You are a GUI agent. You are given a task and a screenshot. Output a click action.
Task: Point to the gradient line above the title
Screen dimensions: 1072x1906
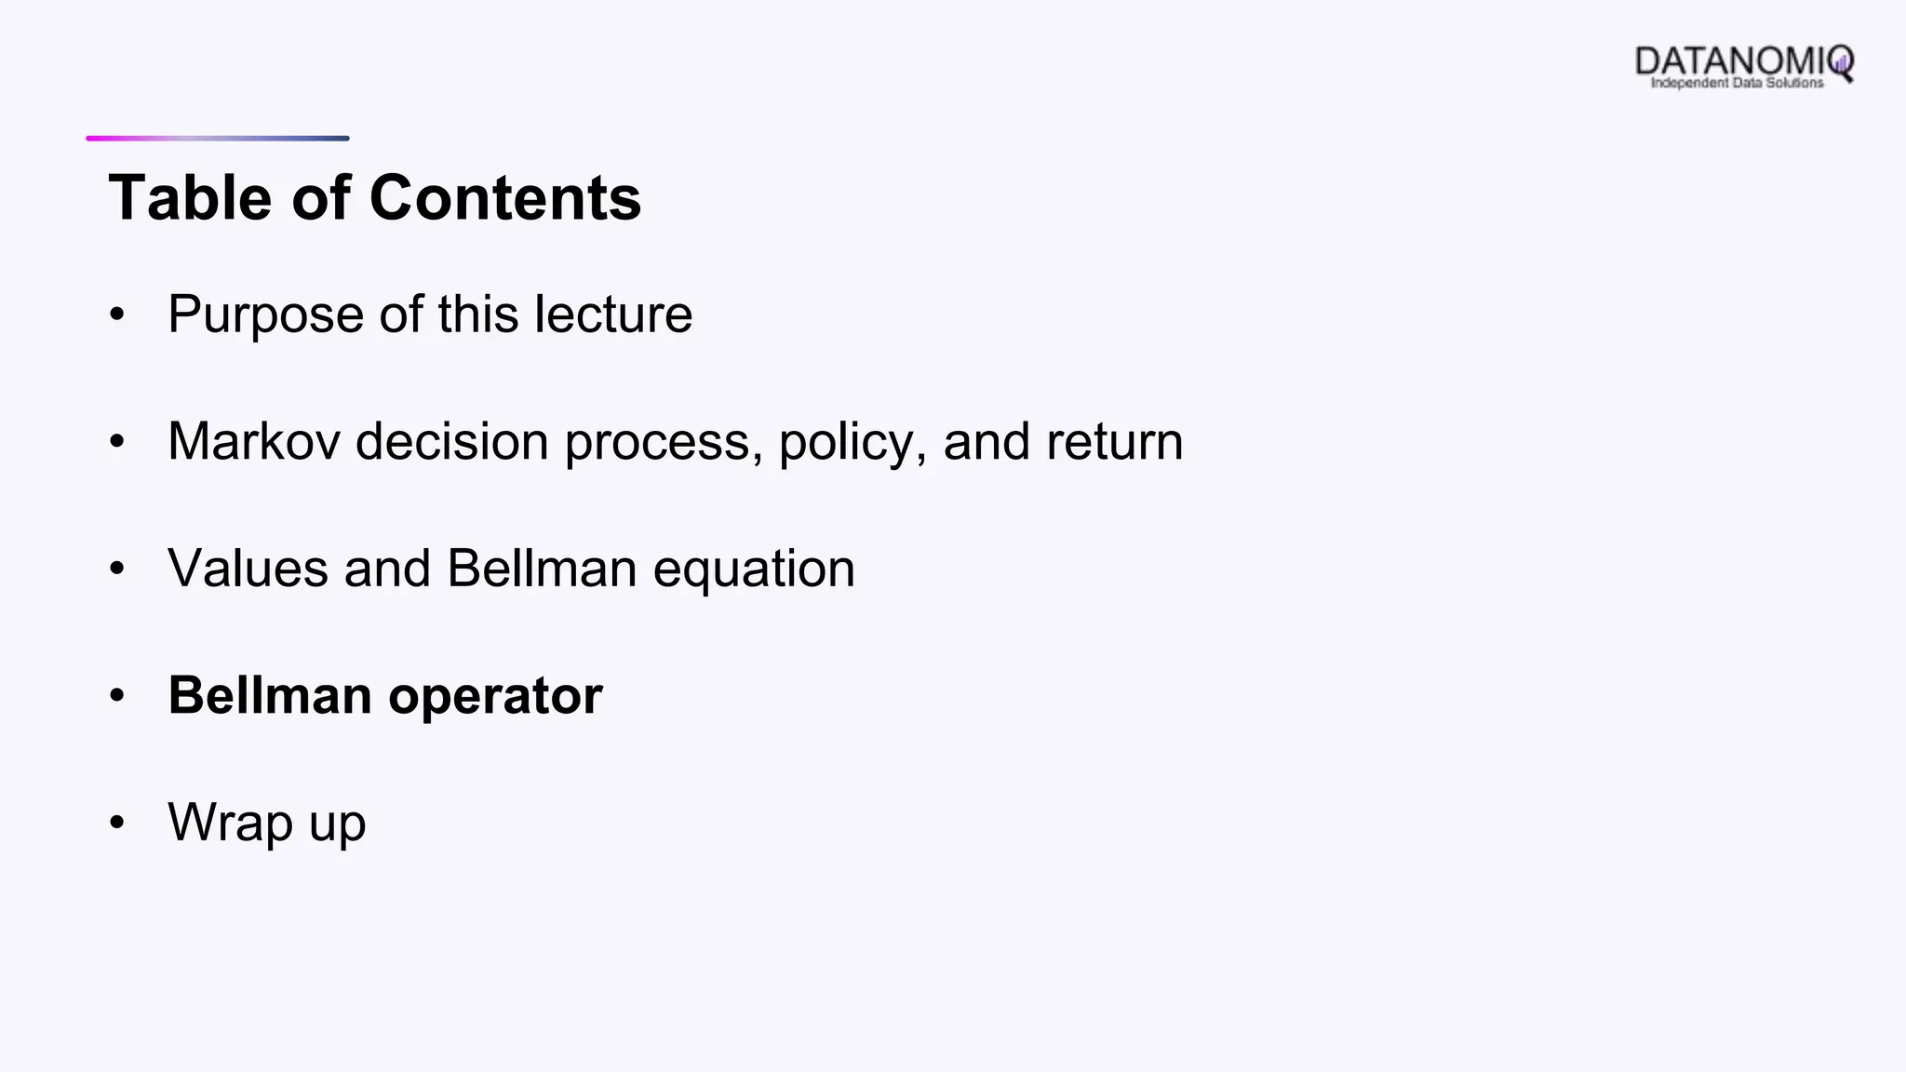click(x=218, y=139)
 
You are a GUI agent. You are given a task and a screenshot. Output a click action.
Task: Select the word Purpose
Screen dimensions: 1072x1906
click(x=265, y=315)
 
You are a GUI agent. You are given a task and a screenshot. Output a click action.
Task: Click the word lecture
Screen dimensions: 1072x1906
click(x=613, y=315)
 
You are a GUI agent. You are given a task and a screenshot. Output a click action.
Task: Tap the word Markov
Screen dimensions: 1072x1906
click(x=254, y=441)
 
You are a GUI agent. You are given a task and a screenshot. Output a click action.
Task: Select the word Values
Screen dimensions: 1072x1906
click(x=248, y=569)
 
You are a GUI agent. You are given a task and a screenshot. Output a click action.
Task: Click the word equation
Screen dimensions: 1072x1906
click(x=753, y=569)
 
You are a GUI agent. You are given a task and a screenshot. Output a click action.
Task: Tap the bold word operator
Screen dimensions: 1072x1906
click(x=495, y=696)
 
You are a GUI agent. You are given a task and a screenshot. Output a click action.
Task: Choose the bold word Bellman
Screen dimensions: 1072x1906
click(x=270, y=695)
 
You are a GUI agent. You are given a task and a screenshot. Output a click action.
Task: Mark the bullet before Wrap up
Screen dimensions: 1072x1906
click(x=116, y=823)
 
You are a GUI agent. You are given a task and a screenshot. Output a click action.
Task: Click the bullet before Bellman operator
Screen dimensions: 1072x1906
click(x=116, y=696)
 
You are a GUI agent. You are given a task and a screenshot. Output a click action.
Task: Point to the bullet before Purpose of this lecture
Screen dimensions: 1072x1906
click(x=116, y=315)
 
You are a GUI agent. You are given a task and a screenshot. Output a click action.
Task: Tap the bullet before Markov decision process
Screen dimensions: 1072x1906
click(x=116, y=441)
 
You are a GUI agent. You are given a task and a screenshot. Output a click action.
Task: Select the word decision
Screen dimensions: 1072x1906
click(x=452, y=441)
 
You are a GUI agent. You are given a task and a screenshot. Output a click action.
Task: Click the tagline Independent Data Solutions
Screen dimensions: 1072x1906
click(x=1737, y=83)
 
